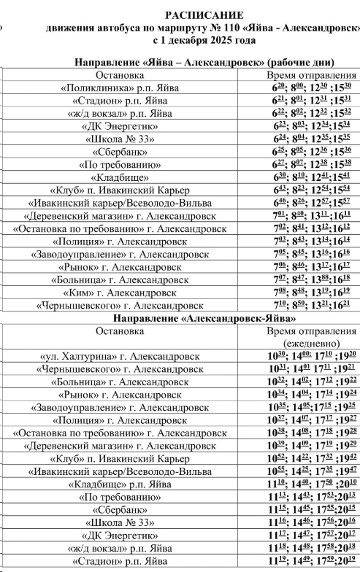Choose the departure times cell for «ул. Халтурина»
pyautogui.click(x=310, y=357)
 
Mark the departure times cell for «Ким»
pyautogui.click(x=310, y=293)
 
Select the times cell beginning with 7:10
pyautogui.click(x=310, y=306)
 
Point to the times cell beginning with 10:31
pyautogui.click(x=310, y=369)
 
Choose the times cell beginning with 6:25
pyautogui.click(x=310, y=151)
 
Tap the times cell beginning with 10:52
pyautogui.click(x=310, y=459)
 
